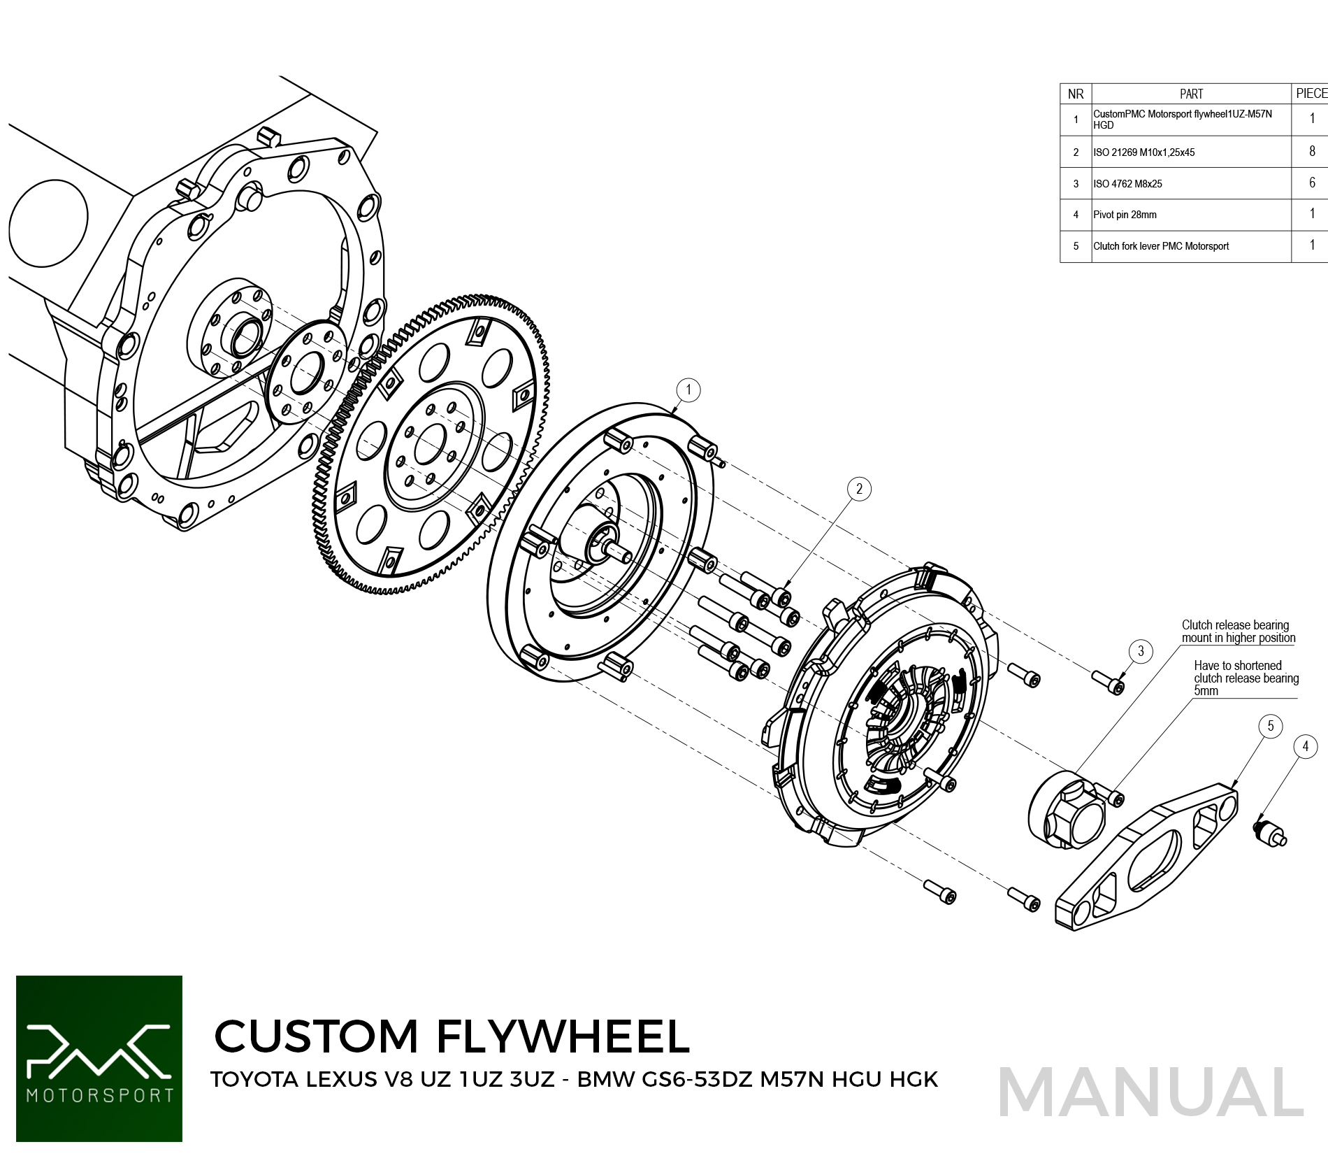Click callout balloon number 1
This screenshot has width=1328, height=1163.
688,390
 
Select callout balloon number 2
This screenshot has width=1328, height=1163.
859,489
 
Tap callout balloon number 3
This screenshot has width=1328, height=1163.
1141,651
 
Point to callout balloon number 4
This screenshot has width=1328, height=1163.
1305,746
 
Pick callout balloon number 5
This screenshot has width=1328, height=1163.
1270,726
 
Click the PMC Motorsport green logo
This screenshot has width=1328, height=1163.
99,1058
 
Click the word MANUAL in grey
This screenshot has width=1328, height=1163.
1150,1093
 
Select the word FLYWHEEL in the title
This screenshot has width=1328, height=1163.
563,1036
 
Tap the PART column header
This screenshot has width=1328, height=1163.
1191,94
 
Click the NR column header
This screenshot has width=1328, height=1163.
1076,94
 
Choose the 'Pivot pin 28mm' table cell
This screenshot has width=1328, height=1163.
1125,215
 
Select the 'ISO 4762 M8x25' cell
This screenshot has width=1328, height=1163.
1127,184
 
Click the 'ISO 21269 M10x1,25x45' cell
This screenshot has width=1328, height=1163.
1143,152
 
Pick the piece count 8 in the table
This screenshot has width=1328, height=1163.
1312,151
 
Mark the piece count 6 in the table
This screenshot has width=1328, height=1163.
1312,183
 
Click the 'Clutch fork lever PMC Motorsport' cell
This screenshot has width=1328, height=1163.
1160,246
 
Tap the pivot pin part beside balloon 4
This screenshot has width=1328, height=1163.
1269,831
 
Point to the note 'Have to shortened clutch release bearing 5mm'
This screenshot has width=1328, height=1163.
1246,678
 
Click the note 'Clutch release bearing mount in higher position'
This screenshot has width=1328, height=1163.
1238,632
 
